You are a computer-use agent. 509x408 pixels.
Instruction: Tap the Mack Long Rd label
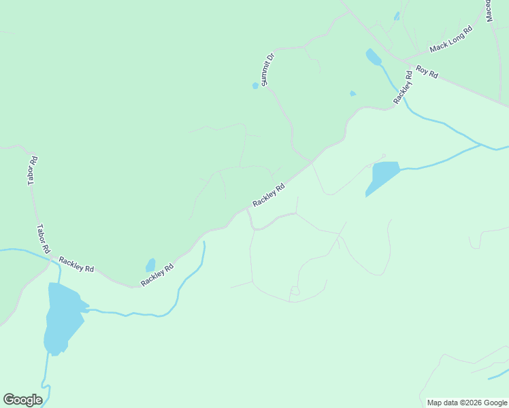click(450, 40)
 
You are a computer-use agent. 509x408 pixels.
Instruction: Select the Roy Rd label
click(427, 71)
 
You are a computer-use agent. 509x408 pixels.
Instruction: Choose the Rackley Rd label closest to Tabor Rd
click(76, 264)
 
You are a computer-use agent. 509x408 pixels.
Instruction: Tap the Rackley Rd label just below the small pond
click(157, 275)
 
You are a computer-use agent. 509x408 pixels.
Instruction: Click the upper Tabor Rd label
click(32, 171)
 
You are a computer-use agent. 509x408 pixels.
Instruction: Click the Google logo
click(22, 400)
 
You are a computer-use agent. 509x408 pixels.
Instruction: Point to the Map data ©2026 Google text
click(467, 403)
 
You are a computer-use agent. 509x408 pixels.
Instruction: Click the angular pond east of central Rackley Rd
click(382, 176)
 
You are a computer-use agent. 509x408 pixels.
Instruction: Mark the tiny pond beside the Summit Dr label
click(255, 86)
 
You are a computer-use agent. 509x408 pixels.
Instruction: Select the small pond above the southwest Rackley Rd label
click(150, 265)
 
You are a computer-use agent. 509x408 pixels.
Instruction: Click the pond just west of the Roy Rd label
click(374, 57)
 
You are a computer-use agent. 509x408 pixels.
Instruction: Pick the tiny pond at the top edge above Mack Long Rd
click(397, 16)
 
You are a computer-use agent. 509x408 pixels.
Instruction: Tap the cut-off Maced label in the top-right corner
click(489, 10)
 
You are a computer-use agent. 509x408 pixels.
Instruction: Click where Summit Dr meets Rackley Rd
click(312, 161)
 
